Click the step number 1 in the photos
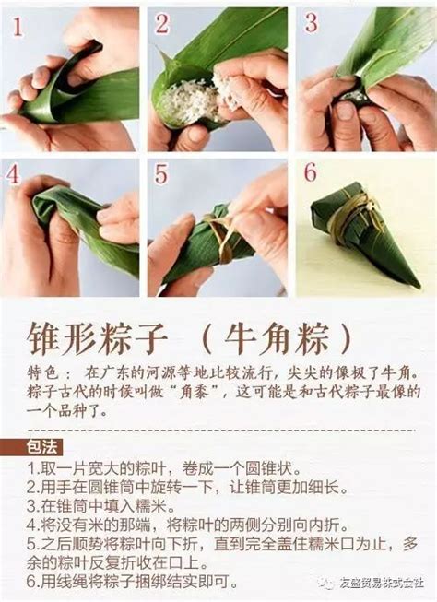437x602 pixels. point(18,27)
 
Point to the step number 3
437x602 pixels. point(311,22)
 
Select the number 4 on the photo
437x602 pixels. point(13,174)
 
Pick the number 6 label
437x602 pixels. point(311,172)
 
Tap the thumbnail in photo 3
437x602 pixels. point(346,112)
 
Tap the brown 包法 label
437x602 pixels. point(43,447)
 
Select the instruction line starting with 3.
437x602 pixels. point(100,506)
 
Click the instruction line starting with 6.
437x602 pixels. point(132,582)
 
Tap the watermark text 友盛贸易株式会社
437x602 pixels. point(381,583)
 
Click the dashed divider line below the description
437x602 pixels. point(221,431)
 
